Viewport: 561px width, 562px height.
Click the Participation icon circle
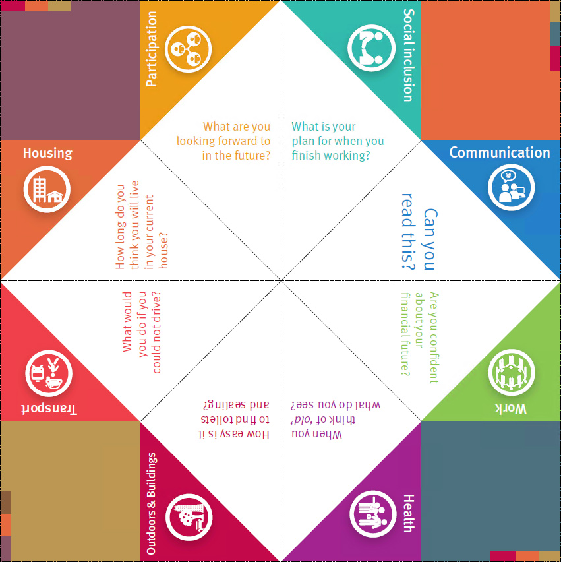tap(188, 49)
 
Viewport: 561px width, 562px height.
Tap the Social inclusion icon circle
tap(372, 48)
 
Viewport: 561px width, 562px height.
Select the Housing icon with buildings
tap(47, 189)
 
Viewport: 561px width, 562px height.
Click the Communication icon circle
tap(511, 187)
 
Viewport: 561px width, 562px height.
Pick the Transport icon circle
tap(49, 373)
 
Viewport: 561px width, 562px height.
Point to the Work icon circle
tap(512, 373)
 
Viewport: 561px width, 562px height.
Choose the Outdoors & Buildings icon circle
tap(189, 517)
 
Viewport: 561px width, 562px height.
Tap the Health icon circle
tap(373, 514)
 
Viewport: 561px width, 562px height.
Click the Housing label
tap(47, 154)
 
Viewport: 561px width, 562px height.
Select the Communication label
tap(500, 152)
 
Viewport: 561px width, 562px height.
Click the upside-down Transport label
tap(49, 410)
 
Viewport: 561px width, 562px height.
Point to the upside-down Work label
tap(511, 408)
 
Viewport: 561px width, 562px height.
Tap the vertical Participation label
tap(152, 49)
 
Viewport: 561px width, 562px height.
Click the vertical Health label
tap(409, 513)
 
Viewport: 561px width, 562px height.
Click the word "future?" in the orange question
tap(252, 156)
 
